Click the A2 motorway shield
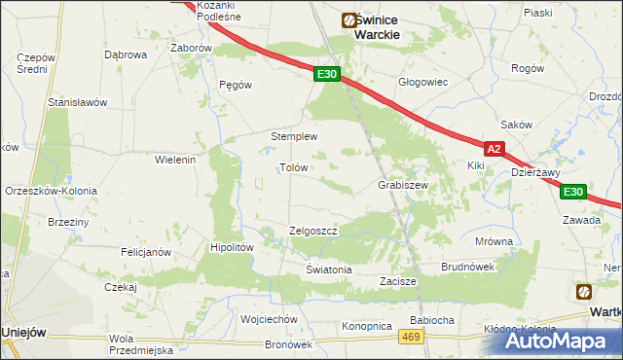pos(495,149)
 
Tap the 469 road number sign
pos(411,336)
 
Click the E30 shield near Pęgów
pos(327,74)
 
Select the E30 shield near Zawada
pos(574,192)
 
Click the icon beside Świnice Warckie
pos(348,19)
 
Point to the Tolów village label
pos(294,167)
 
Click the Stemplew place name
pos(295,137)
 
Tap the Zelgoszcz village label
pos(312,232)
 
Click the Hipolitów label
pos(233,248)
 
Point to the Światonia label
pos(328,270)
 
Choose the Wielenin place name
pos(176,159)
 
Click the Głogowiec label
pos(422,82)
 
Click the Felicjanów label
pos(146,252)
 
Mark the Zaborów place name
pos(191,47)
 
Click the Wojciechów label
pos(269,319)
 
